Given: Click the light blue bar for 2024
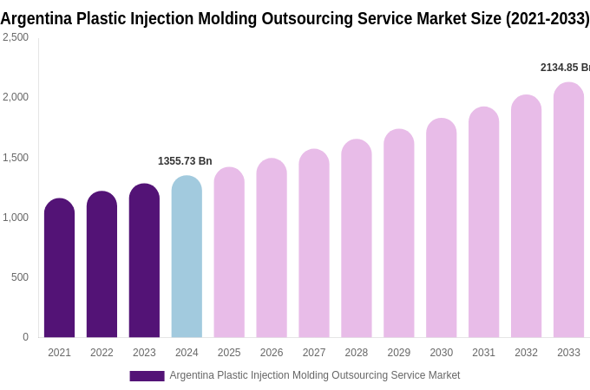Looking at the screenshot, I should (x=187, y=257).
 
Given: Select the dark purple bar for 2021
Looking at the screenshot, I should (x=59, y=269).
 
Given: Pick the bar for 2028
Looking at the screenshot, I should (x=356, y=239).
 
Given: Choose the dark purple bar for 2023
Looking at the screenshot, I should (x=144, y=261).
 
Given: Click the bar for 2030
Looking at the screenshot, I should (x=441, y=229).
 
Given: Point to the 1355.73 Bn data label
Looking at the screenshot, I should (x=185, y=161).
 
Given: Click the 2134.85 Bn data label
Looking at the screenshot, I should (x=564, y=68).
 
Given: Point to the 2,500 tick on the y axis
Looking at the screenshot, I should (x=16, y=37).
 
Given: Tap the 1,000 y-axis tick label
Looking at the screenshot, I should (x=16, y=218).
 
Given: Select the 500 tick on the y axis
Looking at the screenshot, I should (x=19, y=277).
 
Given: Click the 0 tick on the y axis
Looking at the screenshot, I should (x=25, y=337).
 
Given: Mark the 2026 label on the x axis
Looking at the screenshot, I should (x=272, y=353).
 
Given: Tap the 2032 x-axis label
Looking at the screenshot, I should (x=526, y=353).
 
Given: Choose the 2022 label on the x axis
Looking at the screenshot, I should (x=102, y=353).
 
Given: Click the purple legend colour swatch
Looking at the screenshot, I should (x=147, y=376).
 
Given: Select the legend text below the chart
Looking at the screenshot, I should (x=314, y=375).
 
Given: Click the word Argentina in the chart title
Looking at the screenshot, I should (x=36, y=18).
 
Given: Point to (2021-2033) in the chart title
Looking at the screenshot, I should (x=547, y=18).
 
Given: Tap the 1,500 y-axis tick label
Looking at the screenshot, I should (x=16, y=158).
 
